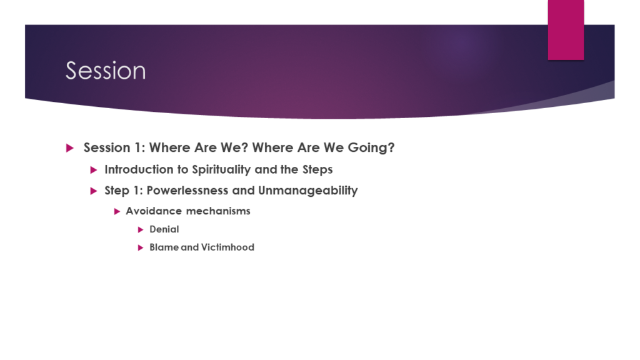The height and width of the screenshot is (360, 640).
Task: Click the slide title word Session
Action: click(x=106, y=71)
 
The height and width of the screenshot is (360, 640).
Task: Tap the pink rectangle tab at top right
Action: click(x=566, y=30)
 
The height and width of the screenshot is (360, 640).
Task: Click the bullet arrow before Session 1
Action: click(x=70, y=147)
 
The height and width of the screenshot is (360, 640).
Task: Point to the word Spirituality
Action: click(x=221, y=170)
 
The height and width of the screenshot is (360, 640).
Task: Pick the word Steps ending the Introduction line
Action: click(x=317, y=170)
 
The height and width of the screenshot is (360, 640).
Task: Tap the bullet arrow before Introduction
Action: click(x=94, y=170)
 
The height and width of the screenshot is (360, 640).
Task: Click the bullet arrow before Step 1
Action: click(x=94, y=191)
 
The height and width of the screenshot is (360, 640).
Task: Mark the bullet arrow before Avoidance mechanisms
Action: click(x=117, y=211)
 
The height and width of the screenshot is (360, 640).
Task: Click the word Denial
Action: click(x=164, y=229)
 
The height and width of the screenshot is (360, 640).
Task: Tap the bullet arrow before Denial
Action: click(x=141, y=230)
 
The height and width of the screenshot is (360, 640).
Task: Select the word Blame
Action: click(x=164, y=247)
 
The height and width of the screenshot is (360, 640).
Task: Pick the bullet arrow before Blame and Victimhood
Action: click(x=141, y=247)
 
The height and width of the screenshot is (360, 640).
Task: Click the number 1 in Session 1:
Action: click(x=137, y=147)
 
